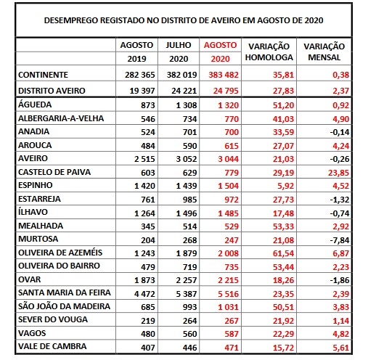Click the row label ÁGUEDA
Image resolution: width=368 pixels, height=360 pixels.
(35, 105)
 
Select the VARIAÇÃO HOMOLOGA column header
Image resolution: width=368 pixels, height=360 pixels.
(269, 52)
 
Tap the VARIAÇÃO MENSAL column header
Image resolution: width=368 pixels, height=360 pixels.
(324, 52)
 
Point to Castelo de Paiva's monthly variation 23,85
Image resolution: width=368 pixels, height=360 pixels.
(338, 173)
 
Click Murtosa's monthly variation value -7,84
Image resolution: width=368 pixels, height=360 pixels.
(340, 240)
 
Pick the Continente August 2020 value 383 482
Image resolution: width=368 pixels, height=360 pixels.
(224, 75)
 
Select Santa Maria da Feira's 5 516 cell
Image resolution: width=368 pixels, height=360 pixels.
(228, 294)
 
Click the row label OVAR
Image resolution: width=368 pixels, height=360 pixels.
(30, 279)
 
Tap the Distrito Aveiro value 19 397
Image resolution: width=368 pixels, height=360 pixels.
(142, 91)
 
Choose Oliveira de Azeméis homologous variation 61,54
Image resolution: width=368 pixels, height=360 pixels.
(283, 253)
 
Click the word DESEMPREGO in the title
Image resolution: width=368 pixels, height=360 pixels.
(71, 20)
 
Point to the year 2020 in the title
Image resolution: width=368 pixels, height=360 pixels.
(314, 20)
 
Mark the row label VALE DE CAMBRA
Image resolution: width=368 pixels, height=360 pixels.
(52, 346)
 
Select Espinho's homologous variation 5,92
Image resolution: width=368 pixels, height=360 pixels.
(285, 186)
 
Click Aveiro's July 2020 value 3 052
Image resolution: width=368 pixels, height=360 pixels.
(187, 159)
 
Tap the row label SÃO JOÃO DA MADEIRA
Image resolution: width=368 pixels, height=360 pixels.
(64, 306)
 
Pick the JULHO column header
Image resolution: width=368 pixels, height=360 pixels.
(179, 45)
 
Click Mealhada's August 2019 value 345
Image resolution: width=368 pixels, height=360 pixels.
(148, 226)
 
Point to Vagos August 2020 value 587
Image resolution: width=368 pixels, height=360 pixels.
(232, 334)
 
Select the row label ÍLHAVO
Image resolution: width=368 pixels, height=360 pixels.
(33, 212)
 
